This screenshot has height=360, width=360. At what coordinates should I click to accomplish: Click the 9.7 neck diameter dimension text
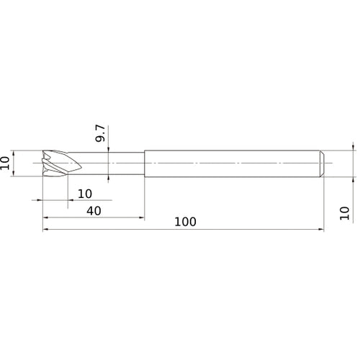pos(100,133)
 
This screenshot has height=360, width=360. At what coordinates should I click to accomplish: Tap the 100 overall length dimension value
pos(185,222)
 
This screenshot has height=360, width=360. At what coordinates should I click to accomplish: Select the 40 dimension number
pos(94,211)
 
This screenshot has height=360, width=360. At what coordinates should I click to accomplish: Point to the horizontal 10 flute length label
pos(85,194)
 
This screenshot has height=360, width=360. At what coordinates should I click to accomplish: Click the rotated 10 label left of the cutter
pos(4,163)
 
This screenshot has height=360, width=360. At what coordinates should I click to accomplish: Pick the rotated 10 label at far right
pos(344,213)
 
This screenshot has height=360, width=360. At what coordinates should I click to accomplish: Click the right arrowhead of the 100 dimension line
pos(321,230)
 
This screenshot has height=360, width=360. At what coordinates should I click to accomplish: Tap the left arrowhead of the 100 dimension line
pos(45,230)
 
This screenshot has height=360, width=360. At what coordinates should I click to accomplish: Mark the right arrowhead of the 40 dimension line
pos(141,217)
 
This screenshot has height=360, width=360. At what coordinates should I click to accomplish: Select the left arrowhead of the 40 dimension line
pos(45,217)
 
